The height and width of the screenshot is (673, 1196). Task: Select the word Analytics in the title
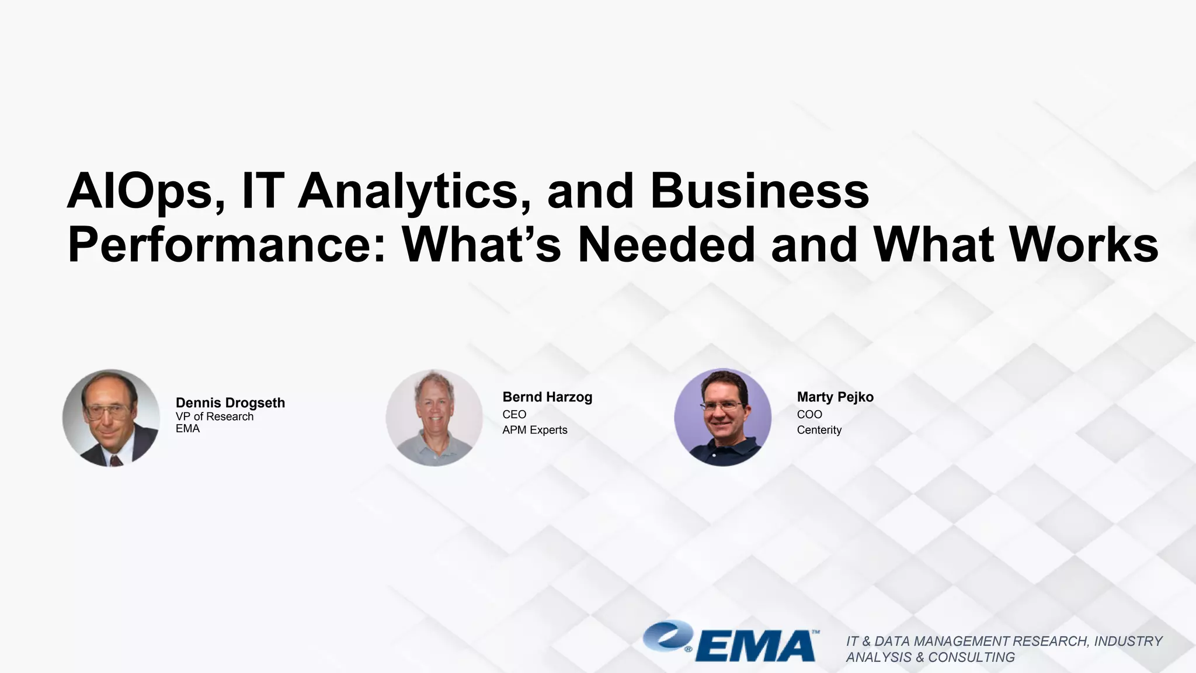(x=408, y=191)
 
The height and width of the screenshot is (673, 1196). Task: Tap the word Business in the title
(x=759, y=191)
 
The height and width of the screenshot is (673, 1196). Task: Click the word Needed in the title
(x=666, y=244)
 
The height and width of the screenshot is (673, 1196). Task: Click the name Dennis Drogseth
(x=230, y=403)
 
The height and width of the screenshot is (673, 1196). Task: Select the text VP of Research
(x=214, y=417)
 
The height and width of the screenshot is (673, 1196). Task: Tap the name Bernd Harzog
(x=547, y=397)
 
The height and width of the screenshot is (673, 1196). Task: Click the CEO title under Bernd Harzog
(x=514, y=414)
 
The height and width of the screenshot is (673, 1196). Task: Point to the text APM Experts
(x=534, y=430)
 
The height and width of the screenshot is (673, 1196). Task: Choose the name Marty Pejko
(x=835, y=397)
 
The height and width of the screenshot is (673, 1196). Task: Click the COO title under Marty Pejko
(x=809, y=414)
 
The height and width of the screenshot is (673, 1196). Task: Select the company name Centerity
(x=819, y=430)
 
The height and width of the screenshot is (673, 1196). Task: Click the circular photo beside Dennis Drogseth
(x=111, y=417)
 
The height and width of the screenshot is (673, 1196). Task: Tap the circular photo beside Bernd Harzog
(x=434, y=417)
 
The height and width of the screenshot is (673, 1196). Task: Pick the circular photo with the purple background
(x=722, y=417)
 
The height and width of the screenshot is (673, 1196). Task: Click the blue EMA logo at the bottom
(x=730, y=641)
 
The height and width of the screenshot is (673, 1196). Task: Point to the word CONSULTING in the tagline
(x=971, y=657)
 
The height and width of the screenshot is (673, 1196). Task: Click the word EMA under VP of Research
(x=187, y=429)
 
